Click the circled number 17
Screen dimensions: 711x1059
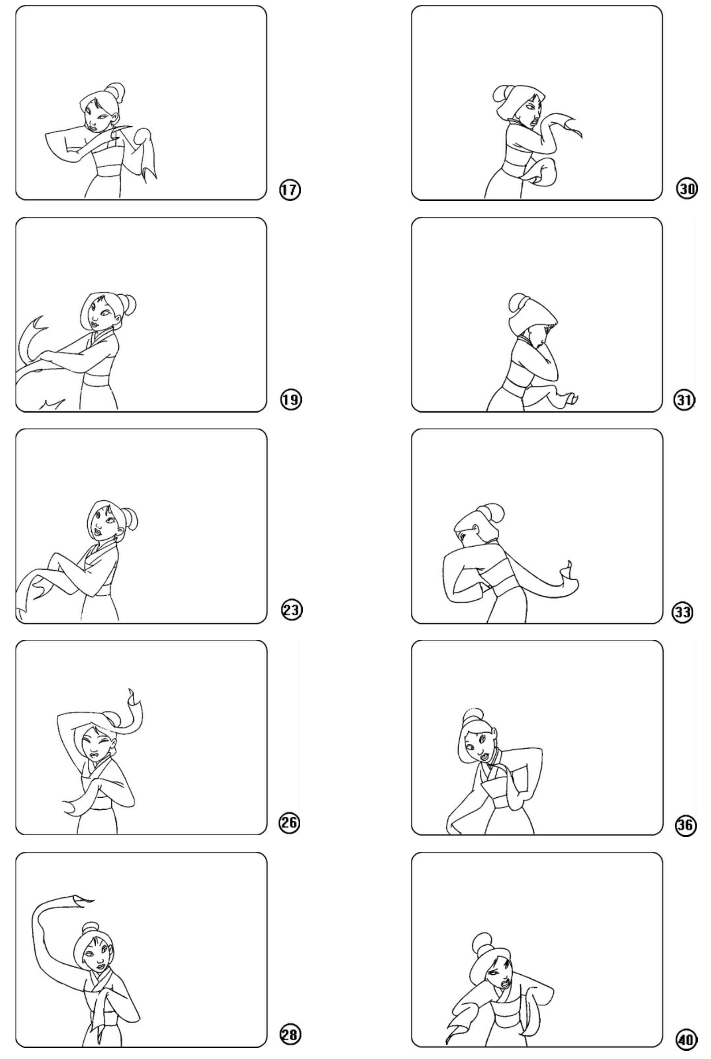[x=289, y=189]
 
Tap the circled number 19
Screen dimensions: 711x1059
[x=290, y=399]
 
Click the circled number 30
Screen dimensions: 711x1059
[x=687, y=188]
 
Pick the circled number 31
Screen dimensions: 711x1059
[x=684, y=399]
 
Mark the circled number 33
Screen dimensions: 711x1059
[x=682, y=612]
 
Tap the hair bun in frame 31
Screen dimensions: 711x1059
[x=519, y=302]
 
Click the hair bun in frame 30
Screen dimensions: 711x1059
[x=500, y=94]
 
